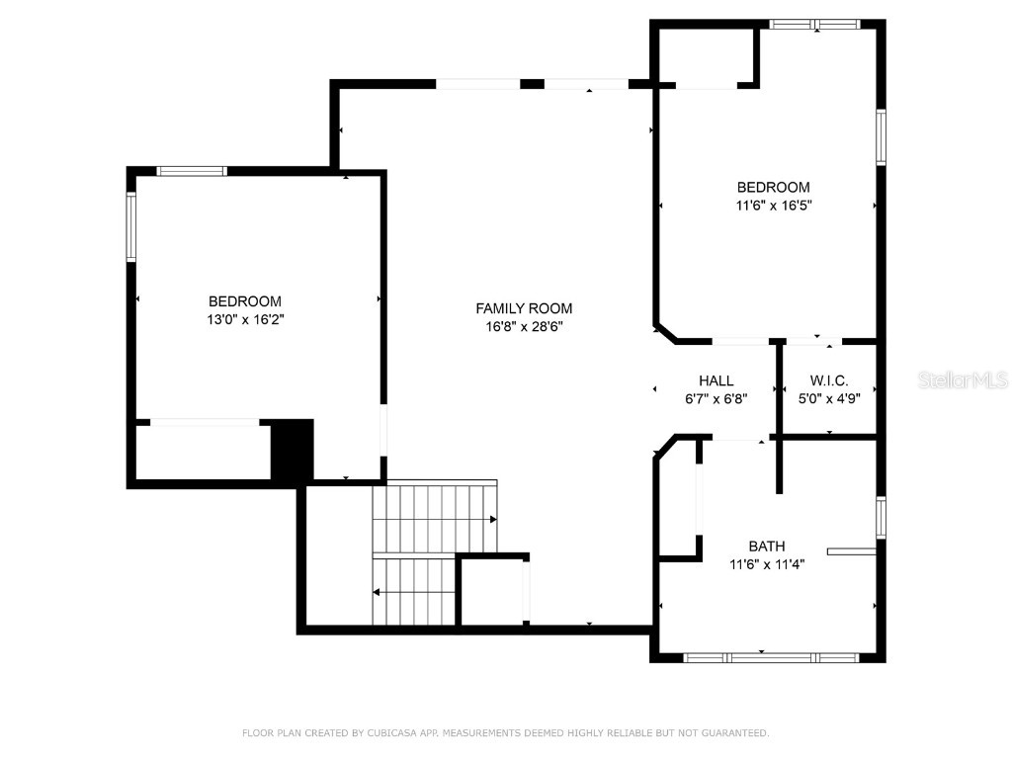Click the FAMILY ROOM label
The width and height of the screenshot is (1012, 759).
pos(524,308)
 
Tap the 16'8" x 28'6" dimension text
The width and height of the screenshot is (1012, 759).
pos(524,326)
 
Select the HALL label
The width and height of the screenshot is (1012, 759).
pos(717,380)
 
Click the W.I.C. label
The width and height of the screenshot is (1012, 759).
pos(829,380)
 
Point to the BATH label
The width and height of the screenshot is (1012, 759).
pos(767,546)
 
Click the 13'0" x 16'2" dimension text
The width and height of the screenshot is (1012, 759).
pos(244,319)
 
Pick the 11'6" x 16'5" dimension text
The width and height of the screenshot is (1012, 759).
pos(774,206)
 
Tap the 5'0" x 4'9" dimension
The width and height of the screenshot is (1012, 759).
pos(829,399)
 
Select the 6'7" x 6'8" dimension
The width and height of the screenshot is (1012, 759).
pos(717,399)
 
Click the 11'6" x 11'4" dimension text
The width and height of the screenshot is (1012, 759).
pos(767,564)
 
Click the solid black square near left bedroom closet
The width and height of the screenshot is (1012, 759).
pos(292,451)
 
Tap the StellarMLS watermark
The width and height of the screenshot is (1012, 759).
pos(963,380)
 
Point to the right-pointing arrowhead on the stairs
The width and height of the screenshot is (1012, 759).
pos(492,519)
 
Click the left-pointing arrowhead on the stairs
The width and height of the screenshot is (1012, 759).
pos(377,593)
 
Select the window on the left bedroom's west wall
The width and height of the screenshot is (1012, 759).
pos(130,226)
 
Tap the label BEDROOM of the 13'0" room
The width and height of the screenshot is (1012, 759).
pos(244,301)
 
